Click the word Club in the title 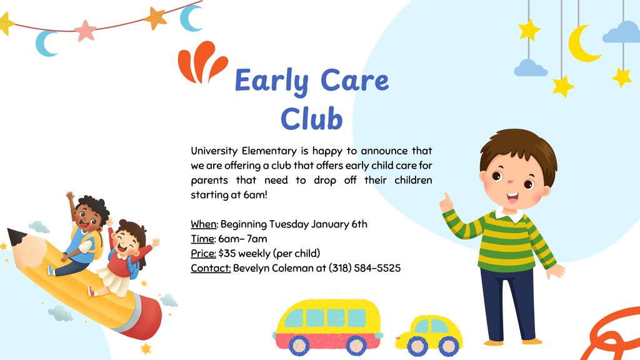pos(311,119)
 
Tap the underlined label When pos(203,224)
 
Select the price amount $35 pos(227,254)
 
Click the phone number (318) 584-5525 pos(364,268)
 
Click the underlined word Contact pos(211,268)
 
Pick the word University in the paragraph pos(214,151)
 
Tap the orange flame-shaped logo pos(202,62)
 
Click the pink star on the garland pos(85,31)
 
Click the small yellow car pos(429,336)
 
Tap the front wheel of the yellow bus pos(299,345)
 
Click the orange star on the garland pos(156,17)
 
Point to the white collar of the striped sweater pos(509,214)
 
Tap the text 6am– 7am pos(242,239)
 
